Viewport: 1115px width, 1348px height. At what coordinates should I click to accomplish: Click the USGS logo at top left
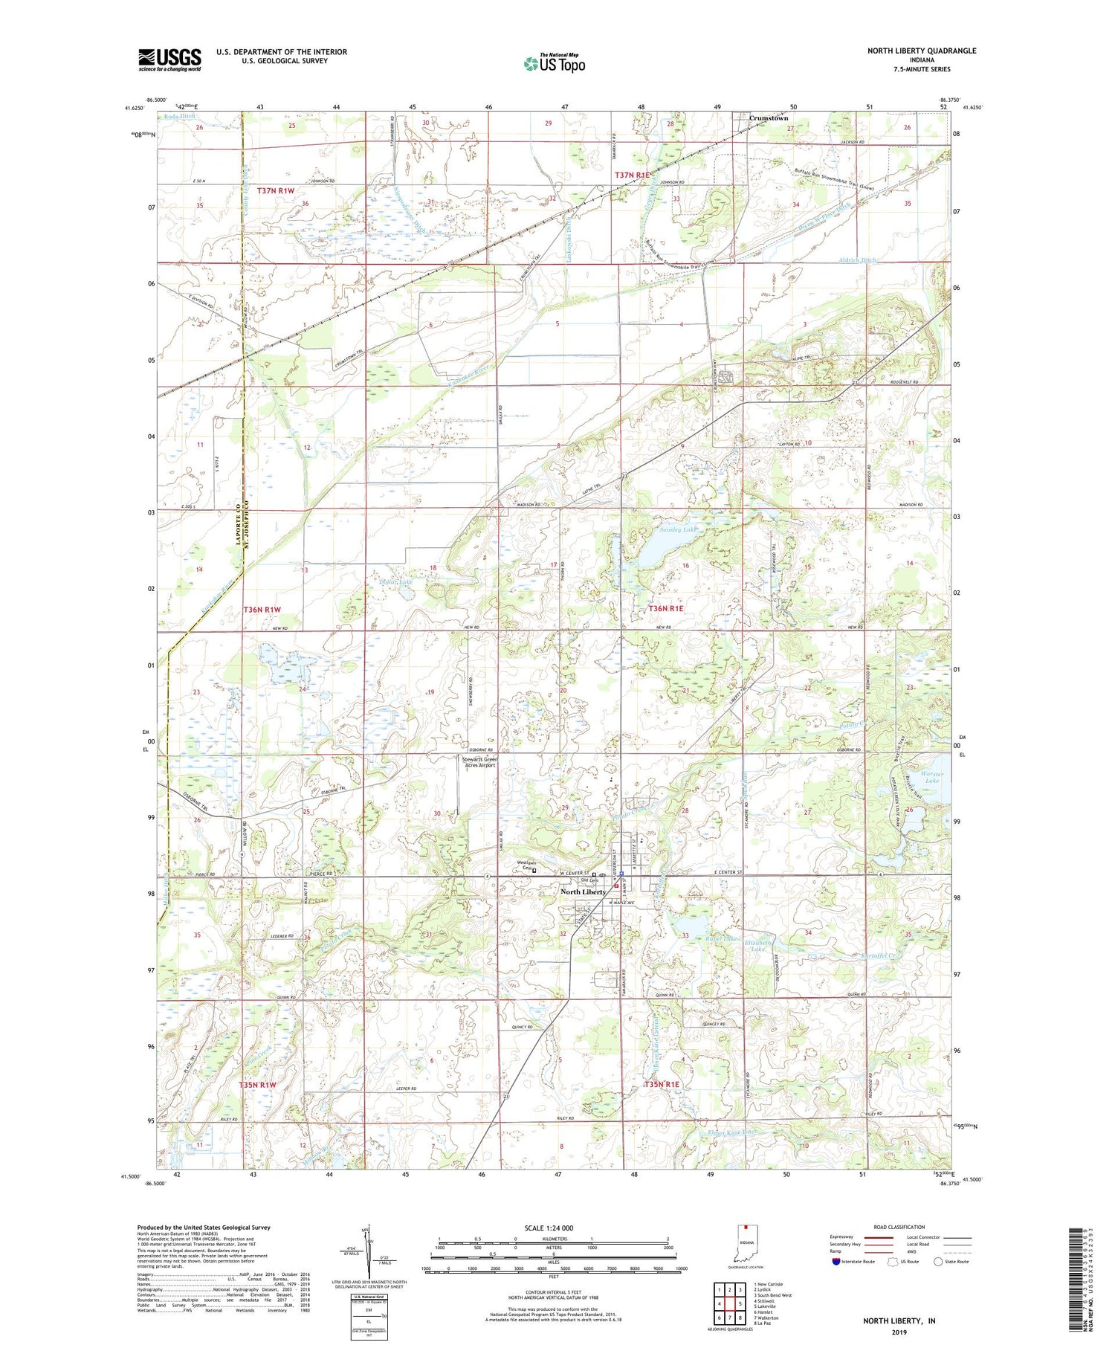pyautogui.click(x=169, y=59)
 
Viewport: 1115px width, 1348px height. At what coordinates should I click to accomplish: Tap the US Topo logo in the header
pyautogui.click(x=554, y=64)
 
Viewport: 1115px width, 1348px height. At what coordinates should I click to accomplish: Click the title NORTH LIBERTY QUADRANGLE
pyautogui.click(x=921, y=51)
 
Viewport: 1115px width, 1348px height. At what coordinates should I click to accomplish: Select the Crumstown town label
pyautogui.click(x=768, y=118)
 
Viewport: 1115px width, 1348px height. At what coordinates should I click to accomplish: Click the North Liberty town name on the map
pyautogui.click(x=583, y=891)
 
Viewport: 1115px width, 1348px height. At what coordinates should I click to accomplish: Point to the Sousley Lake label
pyautogui.click(x=679, y=530)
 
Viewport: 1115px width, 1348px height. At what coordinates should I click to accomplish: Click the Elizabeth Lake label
pyautogui.click(x=759, y=944)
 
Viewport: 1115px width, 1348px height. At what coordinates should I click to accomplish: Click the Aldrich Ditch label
pyautogui.click(x=859, y=259)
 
